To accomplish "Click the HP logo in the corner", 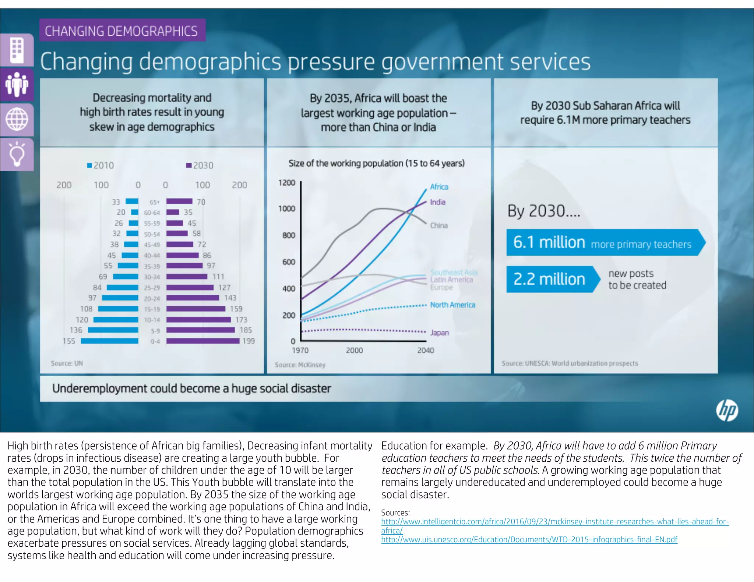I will coord(727,411).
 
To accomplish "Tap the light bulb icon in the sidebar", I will coord(17,155).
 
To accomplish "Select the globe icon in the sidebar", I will coord(17,120).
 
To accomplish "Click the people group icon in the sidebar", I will coord(17,85).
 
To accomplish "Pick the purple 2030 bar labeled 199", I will coord(202,341).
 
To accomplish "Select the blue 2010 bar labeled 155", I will coord(109,341).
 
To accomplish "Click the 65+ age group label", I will coord(155,202).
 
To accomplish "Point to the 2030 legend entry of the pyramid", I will coord(200,166).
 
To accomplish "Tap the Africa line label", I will coord(439,187).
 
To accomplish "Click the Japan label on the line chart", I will coord(440,333).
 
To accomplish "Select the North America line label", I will coord(452,305).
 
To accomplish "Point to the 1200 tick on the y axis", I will coord(287,183).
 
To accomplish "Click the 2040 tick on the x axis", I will coord(426,351).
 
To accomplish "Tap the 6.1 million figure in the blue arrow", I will coord(549,242).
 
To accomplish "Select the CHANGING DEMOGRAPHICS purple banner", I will coord(122,31).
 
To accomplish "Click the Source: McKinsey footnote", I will coord(300,365).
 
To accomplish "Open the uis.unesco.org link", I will coord(529,540).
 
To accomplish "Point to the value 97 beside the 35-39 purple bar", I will coord(211,266).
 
